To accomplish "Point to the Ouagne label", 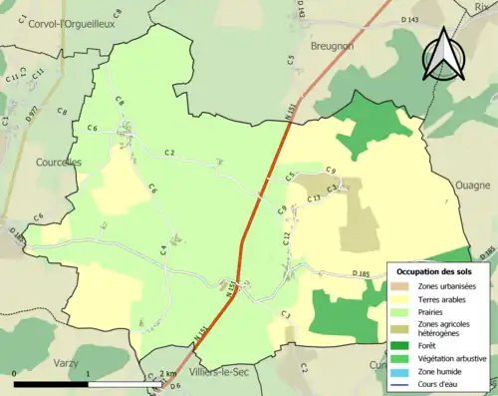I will pos(473,185).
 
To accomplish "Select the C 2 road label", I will pos(169,152).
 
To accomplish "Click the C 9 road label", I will pos(331,171).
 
